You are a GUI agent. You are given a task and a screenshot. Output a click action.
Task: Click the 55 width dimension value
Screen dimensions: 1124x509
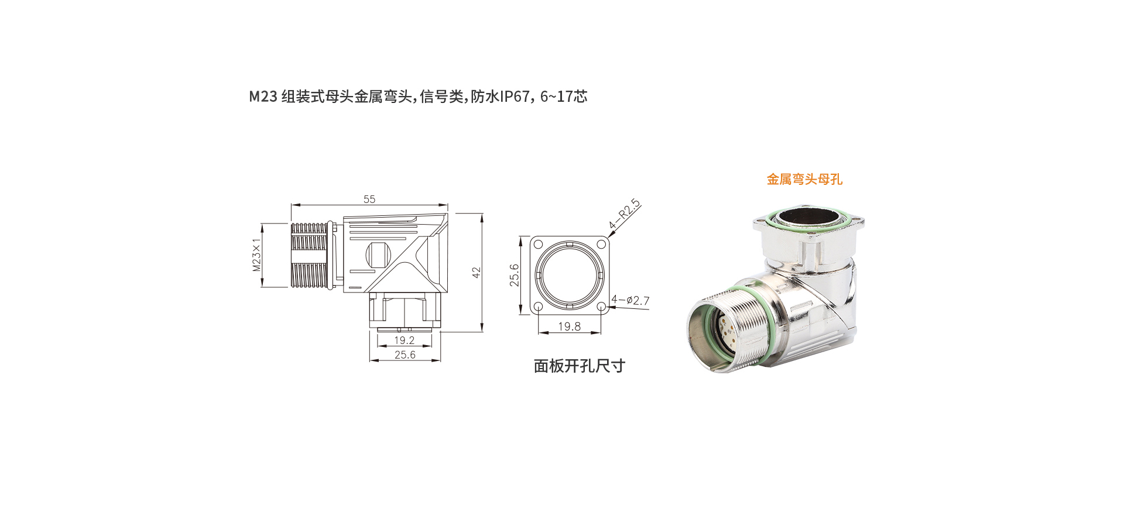369,199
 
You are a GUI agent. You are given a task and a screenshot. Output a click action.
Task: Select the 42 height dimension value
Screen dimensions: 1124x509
477,273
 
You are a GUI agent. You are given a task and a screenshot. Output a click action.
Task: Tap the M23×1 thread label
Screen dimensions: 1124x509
256,255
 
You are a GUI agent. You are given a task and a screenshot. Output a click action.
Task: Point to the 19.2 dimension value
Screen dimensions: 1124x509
404,340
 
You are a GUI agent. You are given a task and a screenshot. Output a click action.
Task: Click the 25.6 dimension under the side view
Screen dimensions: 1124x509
405,355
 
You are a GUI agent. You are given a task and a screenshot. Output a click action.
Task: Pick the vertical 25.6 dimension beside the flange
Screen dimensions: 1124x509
514,275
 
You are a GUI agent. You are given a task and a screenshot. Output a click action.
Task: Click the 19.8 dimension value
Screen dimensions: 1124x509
569,326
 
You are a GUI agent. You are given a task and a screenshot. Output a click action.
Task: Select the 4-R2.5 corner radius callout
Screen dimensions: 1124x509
625,214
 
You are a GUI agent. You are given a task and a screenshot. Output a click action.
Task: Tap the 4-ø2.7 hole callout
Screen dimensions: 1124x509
630,301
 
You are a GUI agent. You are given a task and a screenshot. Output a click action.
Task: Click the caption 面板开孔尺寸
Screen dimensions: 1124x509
580,366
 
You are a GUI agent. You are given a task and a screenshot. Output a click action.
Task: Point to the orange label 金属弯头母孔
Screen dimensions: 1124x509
804,180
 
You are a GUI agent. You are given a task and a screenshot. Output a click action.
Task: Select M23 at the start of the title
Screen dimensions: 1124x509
263,97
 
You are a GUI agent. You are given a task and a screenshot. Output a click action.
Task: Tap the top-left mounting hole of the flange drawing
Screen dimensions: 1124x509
538,244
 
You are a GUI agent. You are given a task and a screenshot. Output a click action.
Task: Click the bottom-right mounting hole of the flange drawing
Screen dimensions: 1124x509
601,307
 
